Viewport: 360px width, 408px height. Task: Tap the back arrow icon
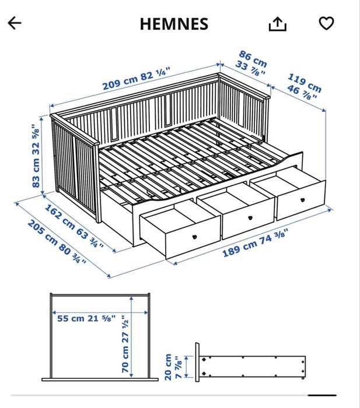pos(15,23)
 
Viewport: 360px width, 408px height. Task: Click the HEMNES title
pos(174,24)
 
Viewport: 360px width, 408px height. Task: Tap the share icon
pos(277,24)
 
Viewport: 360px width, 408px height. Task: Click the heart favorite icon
pos(326,23)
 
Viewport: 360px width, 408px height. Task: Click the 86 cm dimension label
pos(253,58)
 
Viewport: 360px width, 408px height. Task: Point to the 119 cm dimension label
pos(305,83)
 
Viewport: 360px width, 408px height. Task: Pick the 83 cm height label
pos(36,173)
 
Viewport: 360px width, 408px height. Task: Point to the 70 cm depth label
pos(125,359)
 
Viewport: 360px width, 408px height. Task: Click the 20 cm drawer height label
pos(168,367)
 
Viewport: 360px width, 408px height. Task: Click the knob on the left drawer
pos(194,237)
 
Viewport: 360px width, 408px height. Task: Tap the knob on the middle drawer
pos(250,218)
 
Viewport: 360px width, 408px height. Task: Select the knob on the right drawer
pos(302,200)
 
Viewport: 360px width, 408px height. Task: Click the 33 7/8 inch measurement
pos(250,68)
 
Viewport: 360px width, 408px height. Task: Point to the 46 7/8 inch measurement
pos(302,93)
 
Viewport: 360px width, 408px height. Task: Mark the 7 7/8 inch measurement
pos(178,367)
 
